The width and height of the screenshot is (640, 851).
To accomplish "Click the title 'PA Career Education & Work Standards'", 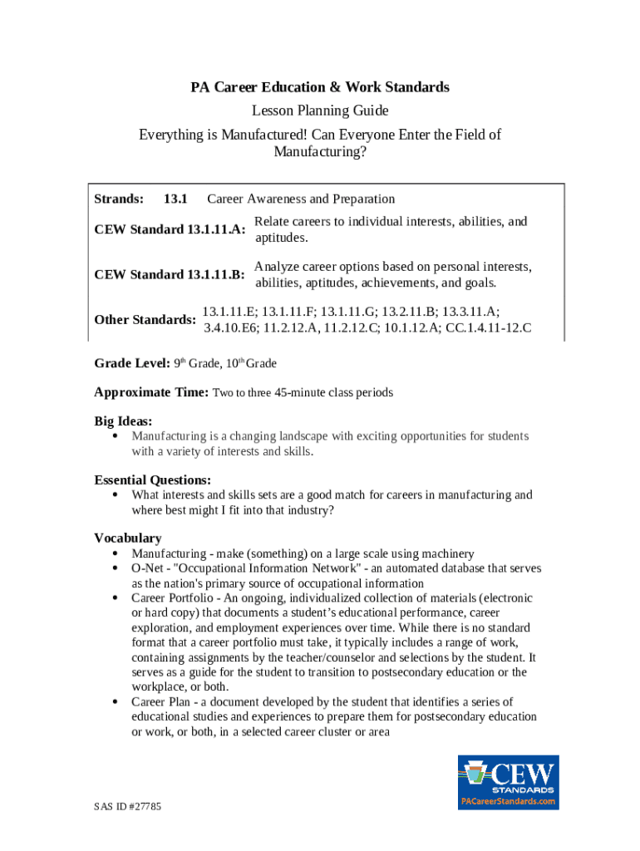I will (x=320, y=87).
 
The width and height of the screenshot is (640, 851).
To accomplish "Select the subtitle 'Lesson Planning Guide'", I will (x=320, y=111).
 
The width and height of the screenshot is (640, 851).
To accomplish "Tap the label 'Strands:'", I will (x=119, y=199).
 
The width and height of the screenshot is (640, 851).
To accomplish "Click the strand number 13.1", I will (x=175, y=199).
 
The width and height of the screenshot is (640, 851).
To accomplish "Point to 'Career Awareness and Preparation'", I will (x=301, y=199).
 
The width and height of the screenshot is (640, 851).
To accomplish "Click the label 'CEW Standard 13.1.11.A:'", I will (x=170, y=229).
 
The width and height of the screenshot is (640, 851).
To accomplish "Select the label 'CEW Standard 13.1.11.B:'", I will (x=170, y=274).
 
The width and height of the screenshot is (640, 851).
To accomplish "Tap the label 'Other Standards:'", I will (x=145, y=319).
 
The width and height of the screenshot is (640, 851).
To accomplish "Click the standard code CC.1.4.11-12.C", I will (x=489, y=327).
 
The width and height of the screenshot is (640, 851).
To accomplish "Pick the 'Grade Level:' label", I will (x=132, y=363).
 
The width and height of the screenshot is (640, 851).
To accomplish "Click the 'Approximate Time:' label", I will (x=151, y=391).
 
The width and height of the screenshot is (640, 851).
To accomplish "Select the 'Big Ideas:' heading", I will (x=123, y=421).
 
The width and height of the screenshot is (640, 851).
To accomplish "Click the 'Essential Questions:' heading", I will (x=152, y=480).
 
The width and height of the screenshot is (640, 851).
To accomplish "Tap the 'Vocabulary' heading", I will (x=127, y=538).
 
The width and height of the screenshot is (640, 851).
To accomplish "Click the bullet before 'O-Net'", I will (x=114, y=568).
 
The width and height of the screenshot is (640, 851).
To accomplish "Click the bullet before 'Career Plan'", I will (x=114, y=702).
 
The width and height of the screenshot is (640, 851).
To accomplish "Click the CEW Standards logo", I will (x=508, y=781).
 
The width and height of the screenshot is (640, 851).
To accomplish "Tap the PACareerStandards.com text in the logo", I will (x=508, y=801).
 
